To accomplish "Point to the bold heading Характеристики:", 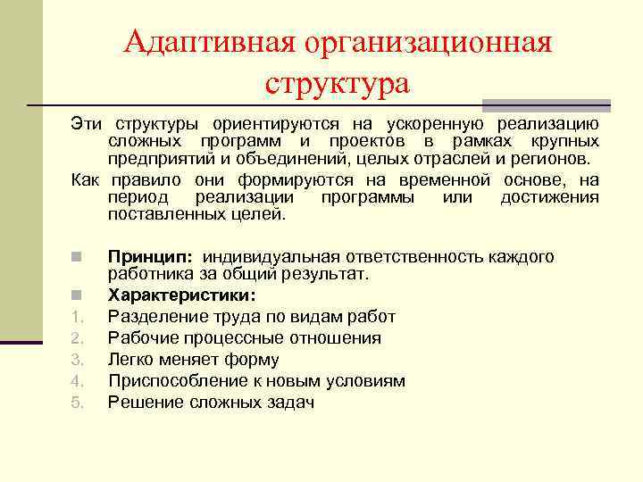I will [x=181, y=295].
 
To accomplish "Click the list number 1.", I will [x=77, y=317].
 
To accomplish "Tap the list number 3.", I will [x=77, y=360].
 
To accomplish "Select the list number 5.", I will [x=77, y=403].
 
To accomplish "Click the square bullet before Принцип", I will [x=78, y=258].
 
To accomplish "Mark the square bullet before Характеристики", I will [x=78, y=295].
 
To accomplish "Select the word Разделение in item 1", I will [x=153, y=316].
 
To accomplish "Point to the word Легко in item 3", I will [x=131, y=360].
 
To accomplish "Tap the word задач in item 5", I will [x=292, y=403].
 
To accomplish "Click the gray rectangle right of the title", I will [x=546, y=104].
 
